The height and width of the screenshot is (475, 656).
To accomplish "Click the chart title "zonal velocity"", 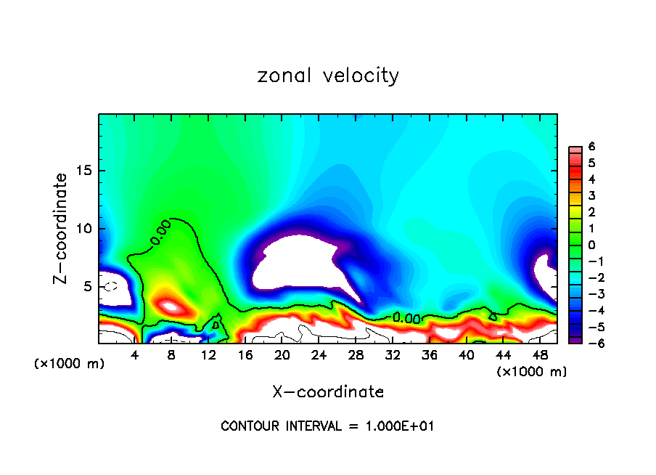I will click(328, 76).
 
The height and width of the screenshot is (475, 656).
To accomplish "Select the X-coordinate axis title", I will click(328, 392).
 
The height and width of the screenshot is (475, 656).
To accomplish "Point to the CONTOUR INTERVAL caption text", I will click(327, 426).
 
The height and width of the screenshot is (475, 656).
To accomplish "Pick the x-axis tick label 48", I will click(540, 355).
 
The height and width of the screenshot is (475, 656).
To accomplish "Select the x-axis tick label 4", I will click(135, 355).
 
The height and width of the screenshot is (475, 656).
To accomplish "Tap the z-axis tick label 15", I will click(84, 171).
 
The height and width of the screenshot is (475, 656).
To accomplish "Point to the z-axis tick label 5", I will click(89, 287).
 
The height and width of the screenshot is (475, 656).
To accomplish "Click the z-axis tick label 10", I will click(84, 229).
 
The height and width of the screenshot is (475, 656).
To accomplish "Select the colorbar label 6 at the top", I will click(591, 147).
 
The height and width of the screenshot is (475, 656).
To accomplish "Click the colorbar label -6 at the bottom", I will click(590, 342).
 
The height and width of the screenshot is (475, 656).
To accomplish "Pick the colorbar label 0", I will click(591, 244).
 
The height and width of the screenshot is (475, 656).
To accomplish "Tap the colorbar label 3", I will click(591, 195).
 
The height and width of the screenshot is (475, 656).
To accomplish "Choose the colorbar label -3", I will click(590, 293).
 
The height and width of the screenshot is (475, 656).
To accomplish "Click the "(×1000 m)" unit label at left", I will click(70, 364).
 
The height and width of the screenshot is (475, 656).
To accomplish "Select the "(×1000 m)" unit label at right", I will click(531, 372).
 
